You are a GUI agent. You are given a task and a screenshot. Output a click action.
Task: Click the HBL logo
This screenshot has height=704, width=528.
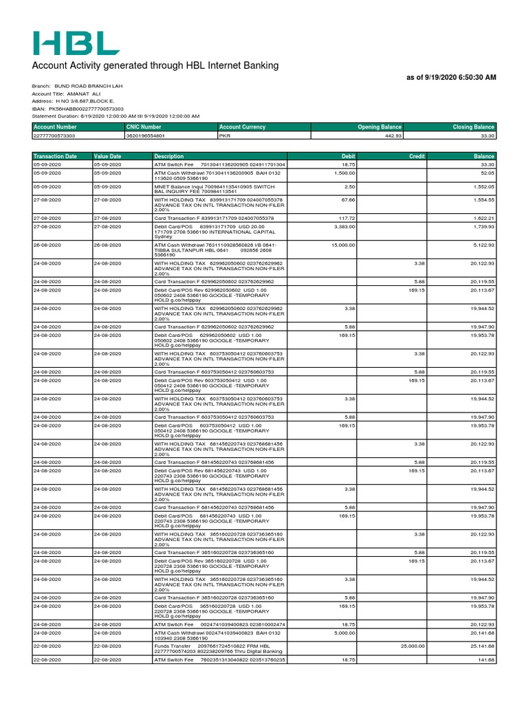[76, 43]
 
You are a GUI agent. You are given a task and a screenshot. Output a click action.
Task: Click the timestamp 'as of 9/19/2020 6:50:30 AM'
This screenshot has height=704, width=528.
[452, 78]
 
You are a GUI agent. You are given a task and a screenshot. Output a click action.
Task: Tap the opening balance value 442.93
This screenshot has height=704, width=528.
[392, 136]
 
